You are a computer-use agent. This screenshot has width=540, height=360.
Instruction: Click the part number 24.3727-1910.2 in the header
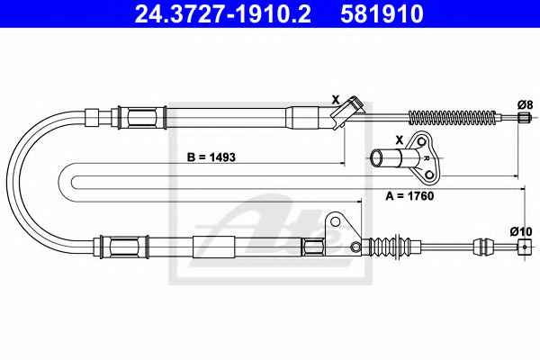(x=223, y=13)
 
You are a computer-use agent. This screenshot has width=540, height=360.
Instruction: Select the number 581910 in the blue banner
(x=382, y=13)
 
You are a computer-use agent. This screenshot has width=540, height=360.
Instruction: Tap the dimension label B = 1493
(x=211, y=157)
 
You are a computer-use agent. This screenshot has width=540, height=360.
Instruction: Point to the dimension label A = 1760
(x=409, y=196)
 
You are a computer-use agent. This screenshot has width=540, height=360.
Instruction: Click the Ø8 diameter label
(x=525, y=104)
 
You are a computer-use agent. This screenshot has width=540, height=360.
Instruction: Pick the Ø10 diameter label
(x=522, y=231)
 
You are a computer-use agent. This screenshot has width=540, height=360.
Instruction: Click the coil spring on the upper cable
(x=453, y=118)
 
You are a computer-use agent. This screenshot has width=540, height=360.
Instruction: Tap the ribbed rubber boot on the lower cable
(x=390, y=246)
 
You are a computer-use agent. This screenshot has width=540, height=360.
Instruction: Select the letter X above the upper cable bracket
(x=336, y=100)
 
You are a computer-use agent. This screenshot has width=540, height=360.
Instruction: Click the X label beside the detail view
(x=399, y=139)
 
